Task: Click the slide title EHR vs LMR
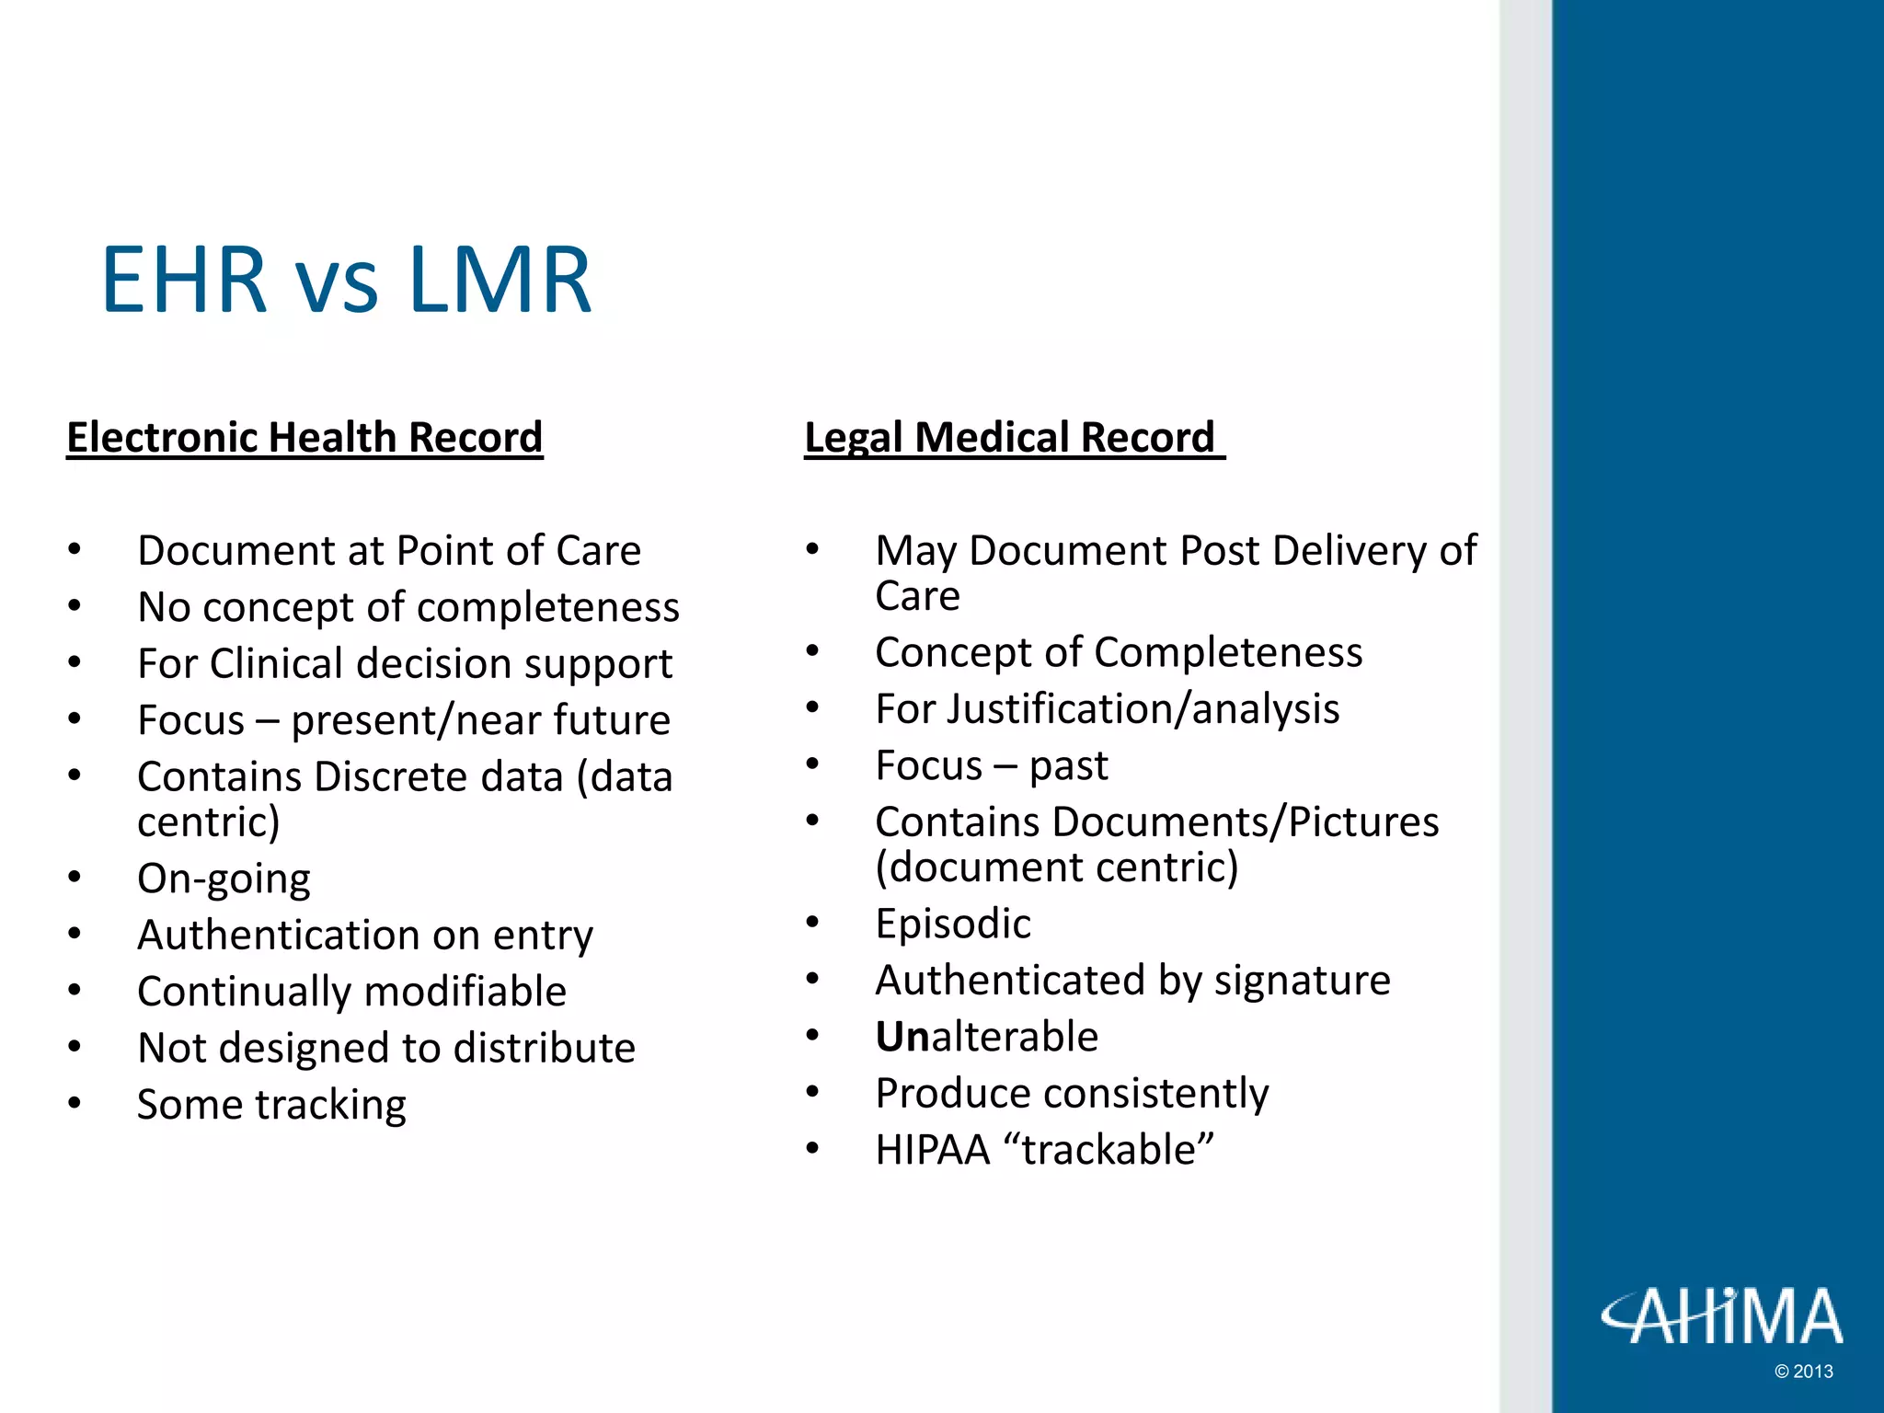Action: point(346,280)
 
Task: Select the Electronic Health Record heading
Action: point(304,437)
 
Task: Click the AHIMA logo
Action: point(1721,1315)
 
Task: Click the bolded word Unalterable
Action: point(986,1037)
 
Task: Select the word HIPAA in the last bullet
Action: point(932,1150)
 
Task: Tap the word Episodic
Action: point(953,924)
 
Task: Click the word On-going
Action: point(224,879)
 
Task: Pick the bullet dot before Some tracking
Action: point(75,1103)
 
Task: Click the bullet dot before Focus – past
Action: point(812,764)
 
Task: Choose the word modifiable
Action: point(465,992)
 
